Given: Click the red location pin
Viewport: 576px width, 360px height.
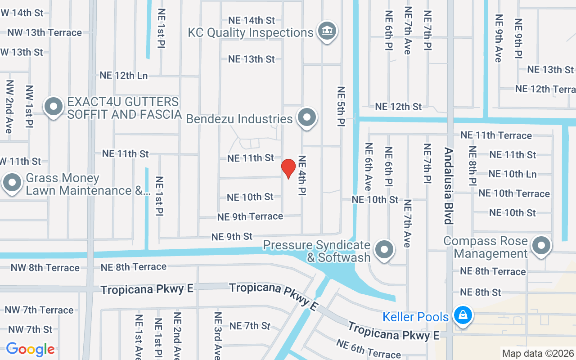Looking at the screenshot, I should point(288,169).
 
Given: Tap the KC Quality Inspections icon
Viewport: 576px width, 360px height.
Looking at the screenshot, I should point(327,31).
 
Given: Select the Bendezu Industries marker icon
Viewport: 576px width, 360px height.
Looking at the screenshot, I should point(307,117).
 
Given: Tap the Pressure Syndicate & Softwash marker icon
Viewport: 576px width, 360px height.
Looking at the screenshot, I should point(384,249).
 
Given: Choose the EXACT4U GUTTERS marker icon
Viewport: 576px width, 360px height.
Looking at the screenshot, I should point(54,108).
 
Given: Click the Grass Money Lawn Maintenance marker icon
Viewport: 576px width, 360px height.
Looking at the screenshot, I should point(12,184).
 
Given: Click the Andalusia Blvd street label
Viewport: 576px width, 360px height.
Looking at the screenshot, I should point(448,185).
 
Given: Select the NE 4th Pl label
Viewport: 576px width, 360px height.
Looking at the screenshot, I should point(302,175).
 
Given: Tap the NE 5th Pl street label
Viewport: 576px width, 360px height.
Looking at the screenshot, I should point(341,106).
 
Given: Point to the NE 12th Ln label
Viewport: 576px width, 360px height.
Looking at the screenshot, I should point(124,76).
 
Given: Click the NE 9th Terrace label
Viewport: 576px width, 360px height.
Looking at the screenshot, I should point(250,216).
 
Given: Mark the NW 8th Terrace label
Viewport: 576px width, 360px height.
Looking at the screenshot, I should point(45,268).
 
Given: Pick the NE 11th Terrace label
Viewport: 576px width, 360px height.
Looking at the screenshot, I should point(496,135).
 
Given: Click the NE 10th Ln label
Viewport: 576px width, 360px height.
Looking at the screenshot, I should point(513,174).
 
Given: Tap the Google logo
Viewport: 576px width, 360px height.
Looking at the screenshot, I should point(30,349).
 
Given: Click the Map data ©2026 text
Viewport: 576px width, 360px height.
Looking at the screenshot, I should point(538,353).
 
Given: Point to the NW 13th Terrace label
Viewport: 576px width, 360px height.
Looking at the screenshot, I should point(45,32).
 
